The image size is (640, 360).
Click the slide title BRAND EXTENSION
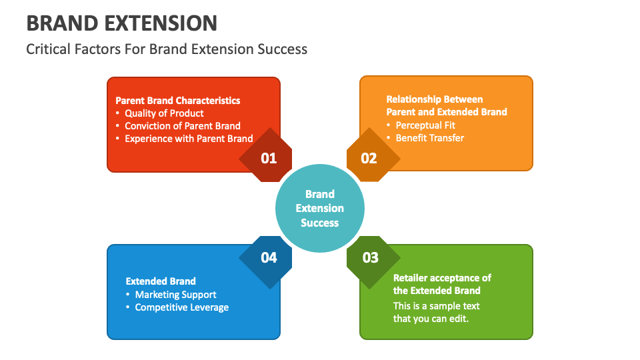tap(121, 23)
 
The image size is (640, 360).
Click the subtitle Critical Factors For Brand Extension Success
tap(167, 49)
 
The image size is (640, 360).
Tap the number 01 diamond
tap(268, 158)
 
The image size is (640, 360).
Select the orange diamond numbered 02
tap(369, 158)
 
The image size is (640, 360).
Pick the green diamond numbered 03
tap(371, 257)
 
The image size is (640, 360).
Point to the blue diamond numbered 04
tap(268, 257)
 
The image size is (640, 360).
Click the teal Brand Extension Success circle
tap(320, 208)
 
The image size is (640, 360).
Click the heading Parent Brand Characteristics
tap(178, 100)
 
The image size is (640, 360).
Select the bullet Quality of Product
tap(164, 113)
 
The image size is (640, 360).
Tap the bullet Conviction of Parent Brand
tap(183, 125)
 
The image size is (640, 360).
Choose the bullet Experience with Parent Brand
tap(189, 138)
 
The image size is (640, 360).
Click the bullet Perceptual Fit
tap(425, 125)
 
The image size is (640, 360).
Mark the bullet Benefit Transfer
tap(429, 137)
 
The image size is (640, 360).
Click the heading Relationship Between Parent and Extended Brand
tap(447, 105)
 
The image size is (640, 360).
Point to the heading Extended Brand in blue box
tap(161, 281)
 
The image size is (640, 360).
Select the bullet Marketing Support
tap(175, 294)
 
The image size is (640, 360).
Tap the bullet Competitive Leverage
tap(181, 307)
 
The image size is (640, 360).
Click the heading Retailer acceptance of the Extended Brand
tap(442, 284)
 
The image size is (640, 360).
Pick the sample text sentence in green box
tap(436, 312)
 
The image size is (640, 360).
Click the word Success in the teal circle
tap(320, 223)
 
